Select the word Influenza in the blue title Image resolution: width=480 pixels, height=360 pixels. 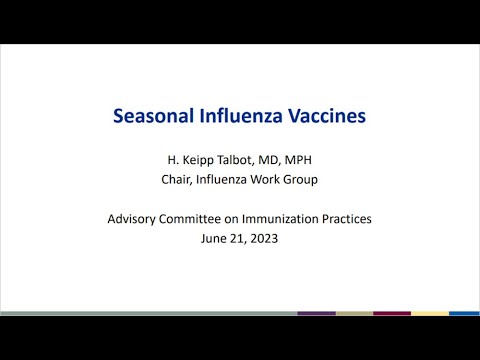tap(242, 116)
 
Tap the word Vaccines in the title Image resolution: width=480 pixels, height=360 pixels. tap(326, 116)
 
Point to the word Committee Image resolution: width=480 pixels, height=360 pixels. tap(209, 220)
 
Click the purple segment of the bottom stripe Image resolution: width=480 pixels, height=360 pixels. tap(316, 314)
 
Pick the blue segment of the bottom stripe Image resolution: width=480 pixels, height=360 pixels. tap(464, 314)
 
